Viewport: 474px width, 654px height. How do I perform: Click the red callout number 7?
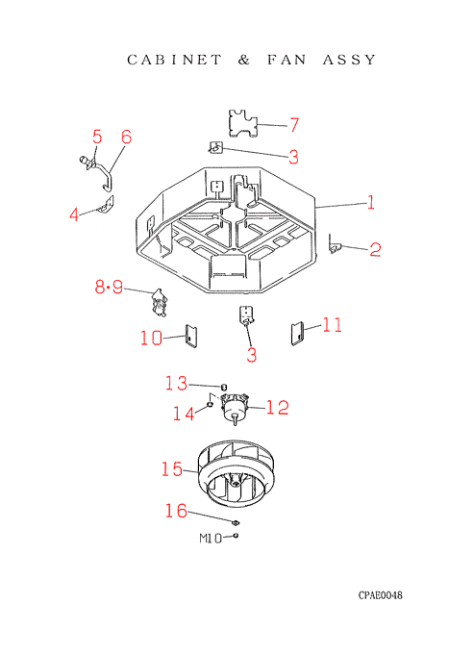click(x=294, y=125)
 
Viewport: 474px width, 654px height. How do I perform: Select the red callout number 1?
click(x=370, y=202)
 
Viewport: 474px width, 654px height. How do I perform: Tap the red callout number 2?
click(x=375, y=249)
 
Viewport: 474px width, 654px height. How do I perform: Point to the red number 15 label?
click(x=172, y=469)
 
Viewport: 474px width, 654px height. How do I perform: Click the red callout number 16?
click(x=176, y=511)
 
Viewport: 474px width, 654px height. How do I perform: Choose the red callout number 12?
click(x=277, y=408)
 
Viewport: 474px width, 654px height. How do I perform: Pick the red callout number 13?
click(x=176, y=384)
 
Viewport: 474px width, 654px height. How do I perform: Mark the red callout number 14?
click(x=184, y=414)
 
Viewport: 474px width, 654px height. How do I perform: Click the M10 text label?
click(x=211, y=539)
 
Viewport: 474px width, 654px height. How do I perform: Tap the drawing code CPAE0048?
click(x=380, y=595)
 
